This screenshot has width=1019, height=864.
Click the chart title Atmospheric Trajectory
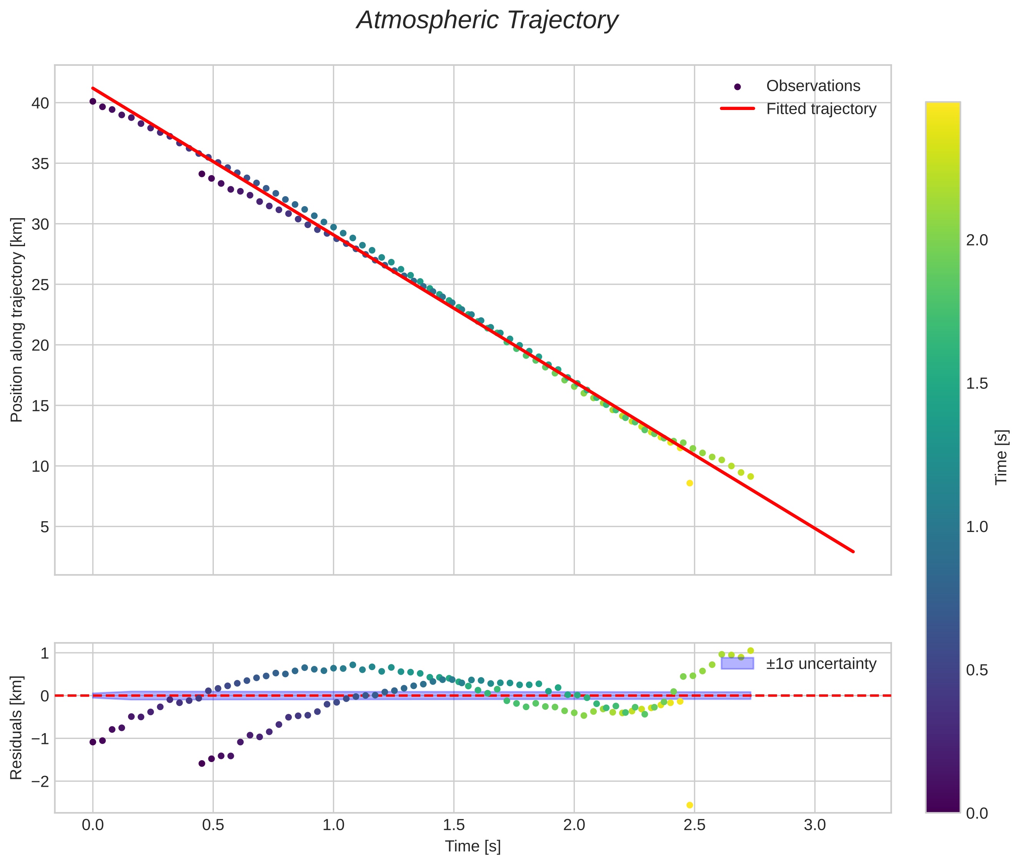pos(487,20)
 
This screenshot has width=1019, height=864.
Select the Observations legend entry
pos(813,86)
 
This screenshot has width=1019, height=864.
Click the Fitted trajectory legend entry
pos(821,109)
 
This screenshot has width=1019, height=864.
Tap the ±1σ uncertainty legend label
pos(821,664)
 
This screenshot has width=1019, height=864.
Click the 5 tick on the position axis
pos(45,527)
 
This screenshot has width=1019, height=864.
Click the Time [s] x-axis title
pos(473,846)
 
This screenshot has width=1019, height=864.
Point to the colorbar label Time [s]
pos(1001,457)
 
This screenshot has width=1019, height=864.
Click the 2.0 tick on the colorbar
pos(977,240)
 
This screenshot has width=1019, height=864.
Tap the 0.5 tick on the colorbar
pos(977,670)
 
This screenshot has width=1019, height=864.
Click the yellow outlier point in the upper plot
pos(689,483)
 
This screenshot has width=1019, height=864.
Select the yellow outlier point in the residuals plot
pos(689,805)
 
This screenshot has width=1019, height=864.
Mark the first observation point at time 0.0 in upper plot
pos(93,102)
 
